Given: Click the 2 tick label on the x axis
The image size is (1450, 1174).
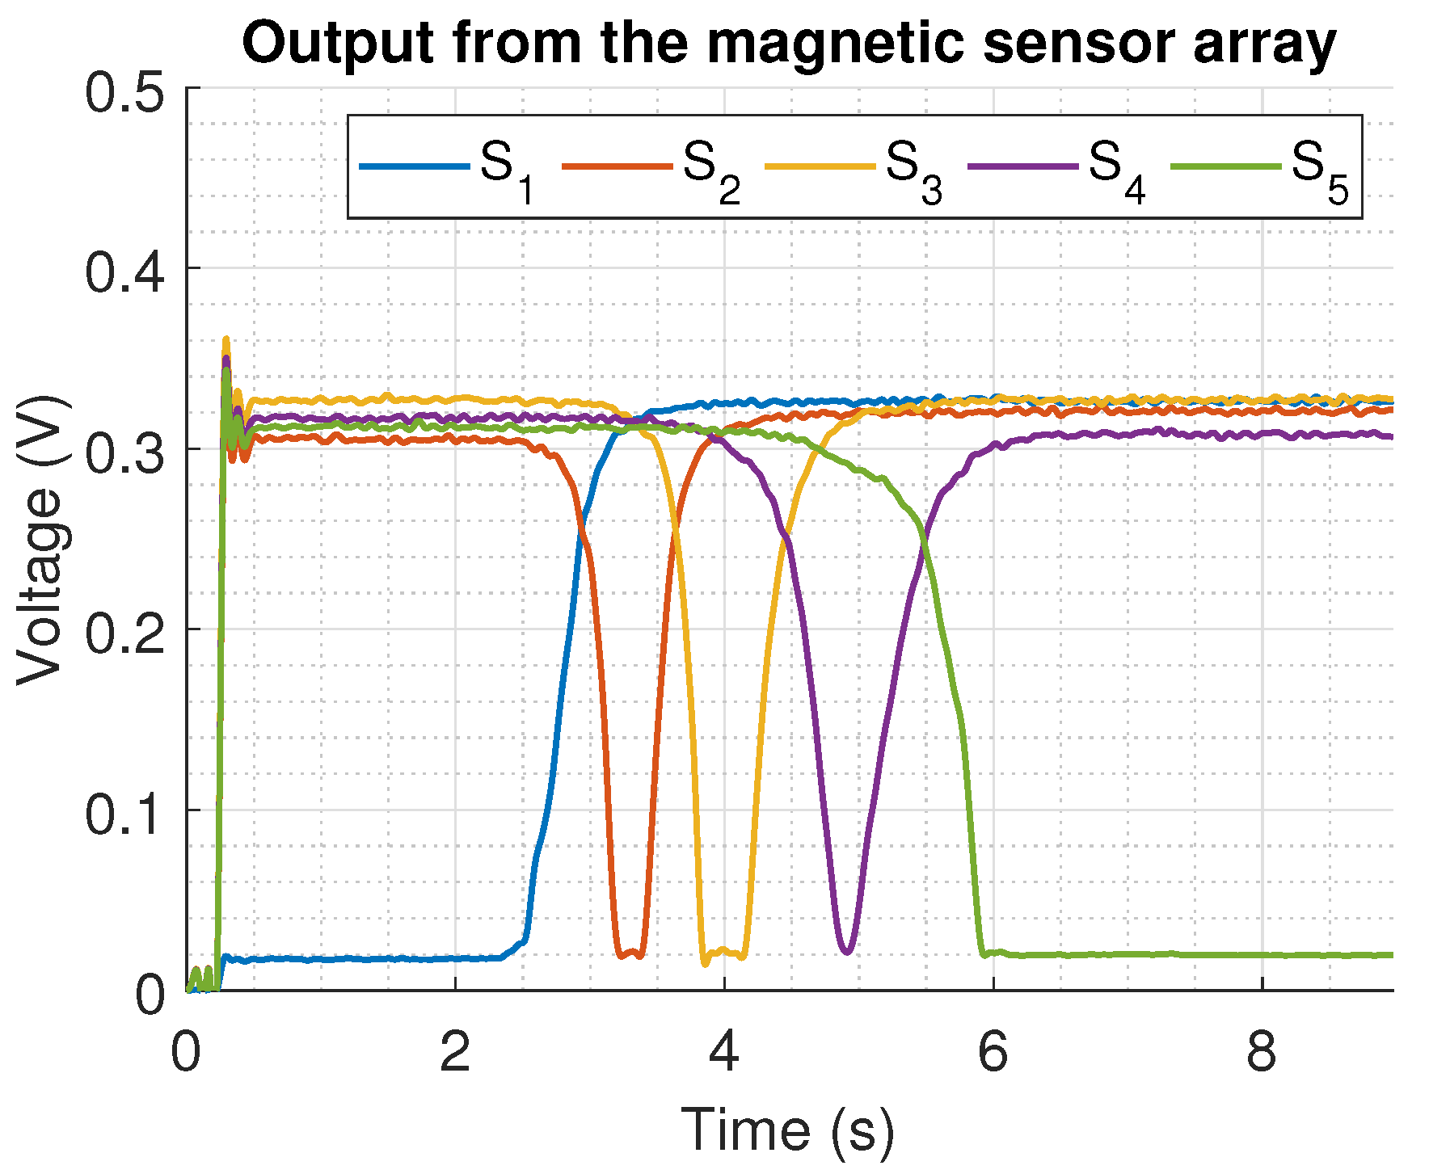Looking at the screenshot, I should (x=455, y=1053).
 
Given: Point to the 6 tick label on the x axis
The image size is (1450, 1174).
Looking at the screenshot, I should (x=993, y=1053).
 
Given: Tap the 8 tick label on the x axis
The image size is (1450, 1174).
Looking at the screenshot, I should (x=1262, y=1053).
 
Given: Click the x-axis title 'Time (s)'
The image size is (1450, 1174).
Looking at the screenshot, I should (x=788, y=1129).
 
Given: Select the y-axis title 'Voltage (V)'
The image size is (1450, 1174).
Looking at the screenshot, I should (x=40, y=540).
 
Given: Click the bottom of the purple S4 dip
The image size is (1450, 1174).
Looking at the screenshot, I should (x=845, y=952).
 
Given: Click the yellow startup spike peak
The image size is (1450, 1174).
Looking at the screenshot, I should (x=226, y=339).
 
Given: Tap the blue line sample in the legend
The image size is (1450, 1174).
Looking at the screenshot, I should (x=414, y=167).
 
